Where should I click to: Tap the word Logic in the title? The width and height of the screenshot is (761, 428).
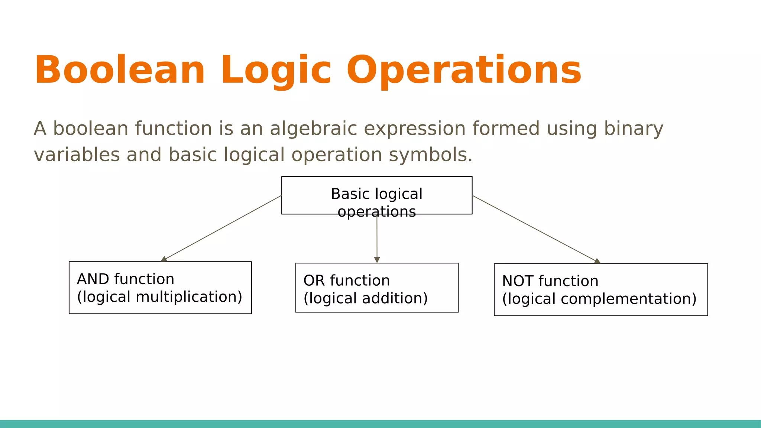pyautogui.click(x=276, y=71)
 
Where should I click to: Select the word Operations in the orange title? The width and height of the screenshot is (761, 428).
pyautogui.click(x=464, y=71)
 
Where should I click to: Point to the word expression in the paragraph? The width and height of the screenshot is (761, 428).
pyautogui.click(x=414, y=129)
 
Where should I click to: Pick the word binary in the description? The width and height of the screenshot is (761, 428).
pyautogui.click(x=633, y=129)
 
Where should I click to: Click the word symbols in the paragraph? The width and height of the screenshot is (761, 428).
pyautogui.click(x=430, y=155)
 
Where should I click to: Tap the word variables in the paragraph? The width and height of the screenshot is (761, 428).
pyautogui.click(x=77, y=155)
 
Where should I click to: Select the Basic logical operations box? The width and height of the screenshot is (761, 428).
pyautogui.click(x=377, y=195)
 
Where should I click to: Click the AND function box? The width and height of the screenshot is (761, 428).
pyautogui.click(x=160, y=288)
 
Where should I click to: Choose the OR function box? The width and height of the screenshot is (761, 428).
pyautogui.click(x=377, y=288)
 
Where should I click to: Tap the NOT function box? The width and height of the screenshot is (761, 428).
pyautogui.click(x=600, y=290)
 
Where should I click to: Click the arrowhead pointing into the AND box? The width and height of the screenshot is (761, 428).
pyautogui.click(x=164, y=259)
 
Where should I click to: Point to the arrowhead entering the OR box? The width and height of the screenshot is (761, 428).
pyautogui.click(x=377, y=260)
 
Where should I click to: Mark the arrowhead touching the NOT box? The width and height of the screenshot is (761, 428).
pyautogui.click(x=597, y=261)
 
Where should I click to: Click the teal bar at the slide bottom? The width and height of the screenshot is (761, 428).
pyautogui.click(x=380, y=424)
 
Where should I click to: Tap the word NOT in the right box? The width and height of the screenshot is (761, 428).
pyautogui.click(x=518, y=281)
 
